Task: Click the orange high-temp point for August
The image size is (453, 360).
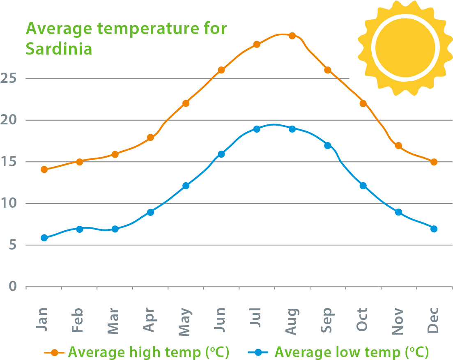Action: (x=292, y=36)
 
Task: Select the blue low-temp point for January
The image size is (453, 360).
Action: (x=44, y=238)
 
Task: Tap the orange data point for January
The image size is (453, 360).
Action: (x=44, y=169)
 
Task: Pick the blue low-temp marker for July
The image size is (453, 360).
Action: (x=257, y=129)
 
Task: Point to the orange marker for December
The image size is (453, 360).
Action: (x=434, y=162)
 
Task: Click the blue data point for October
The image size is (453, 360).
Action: (x=363, y=186)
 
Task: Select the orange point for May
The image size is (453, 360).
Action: (x=186, y=103)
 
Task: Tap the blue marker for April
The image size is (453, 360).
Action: (x=150, y=212)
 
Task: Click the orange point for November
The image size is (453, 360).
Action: (x=398, y=146)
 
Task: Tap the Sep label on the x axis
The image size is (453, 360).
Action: (x=327, y=320)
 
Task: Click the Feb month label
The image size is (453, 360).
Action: (x=78, y=320)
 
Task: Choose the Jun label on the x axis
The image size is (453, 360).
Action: (x=221, y=320)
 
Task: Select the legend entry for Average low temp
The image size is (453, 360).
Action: (x=339, y=352)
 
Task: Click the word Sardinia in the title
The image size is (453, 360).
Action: (x=59, y=49)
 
